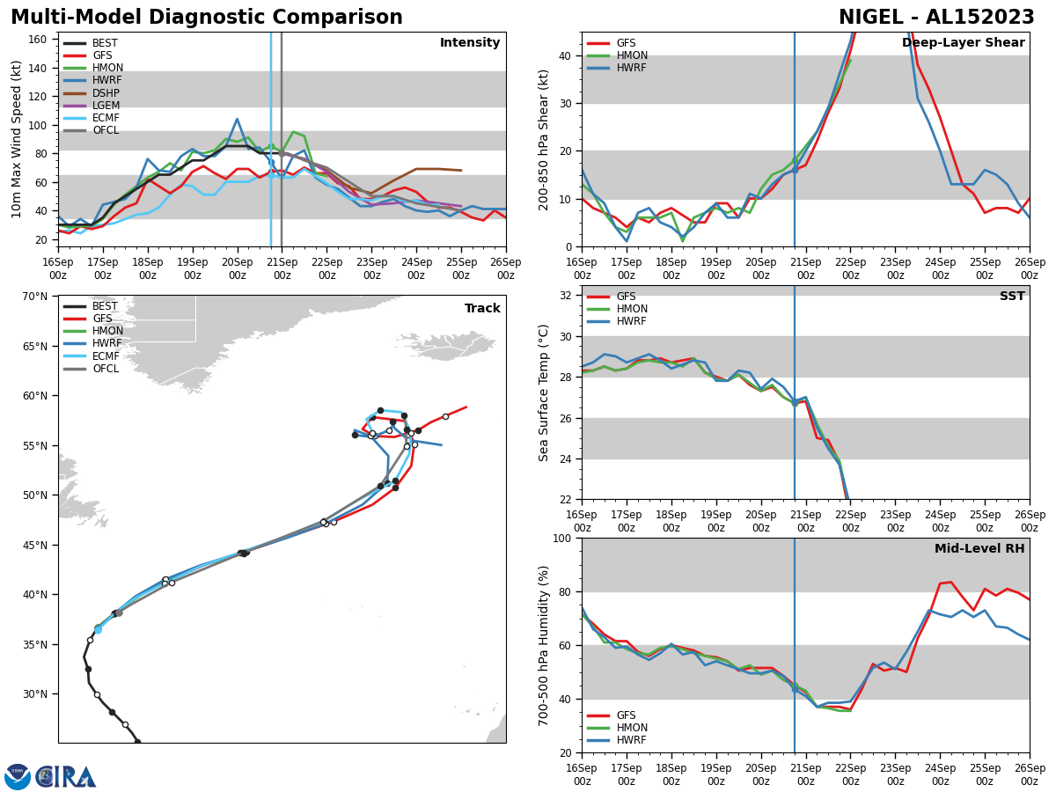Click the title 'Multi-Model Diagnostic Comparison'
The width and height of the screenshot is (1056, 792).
pos(207,18)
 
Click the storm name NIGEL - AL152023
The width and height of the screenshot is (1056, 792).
pos(936,18)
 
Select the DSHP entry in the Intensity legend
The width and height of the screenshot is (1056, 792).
pos(105,93)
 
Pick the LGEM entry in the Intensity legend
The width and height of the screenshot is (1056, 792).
pos(105,106)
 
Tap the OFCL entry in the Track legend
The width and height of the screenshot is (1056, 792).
pos(105,369)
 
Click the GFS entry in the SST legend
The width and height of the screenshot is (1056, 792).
pos(626,297)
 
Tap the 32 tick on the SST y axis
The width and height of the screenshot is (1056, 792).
pos(567,296)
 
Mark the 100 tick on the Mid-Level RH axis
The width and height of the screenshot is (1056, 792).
pos(563,538)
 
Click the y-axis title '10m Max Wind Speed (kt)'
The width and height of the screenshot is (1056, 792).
pos(18,139)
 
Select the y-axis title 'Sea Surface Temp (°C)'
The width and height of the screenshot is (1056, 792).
pos(545,392)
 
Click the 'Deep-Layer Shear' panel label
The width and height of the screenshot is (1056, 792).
pos(963,43)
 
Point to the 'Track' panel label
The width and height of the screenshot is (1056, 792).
pos(482,309)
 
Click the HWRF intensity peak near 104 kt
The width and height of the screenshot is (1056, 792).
pos(237,120)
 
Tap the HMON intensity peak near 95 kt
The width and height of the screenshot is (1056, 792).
pos(294,132)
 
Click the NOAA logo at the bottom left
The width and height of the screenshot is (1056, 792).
pos(18,777)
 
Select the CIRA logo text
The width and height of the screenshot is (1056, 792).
pos(67,777)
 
